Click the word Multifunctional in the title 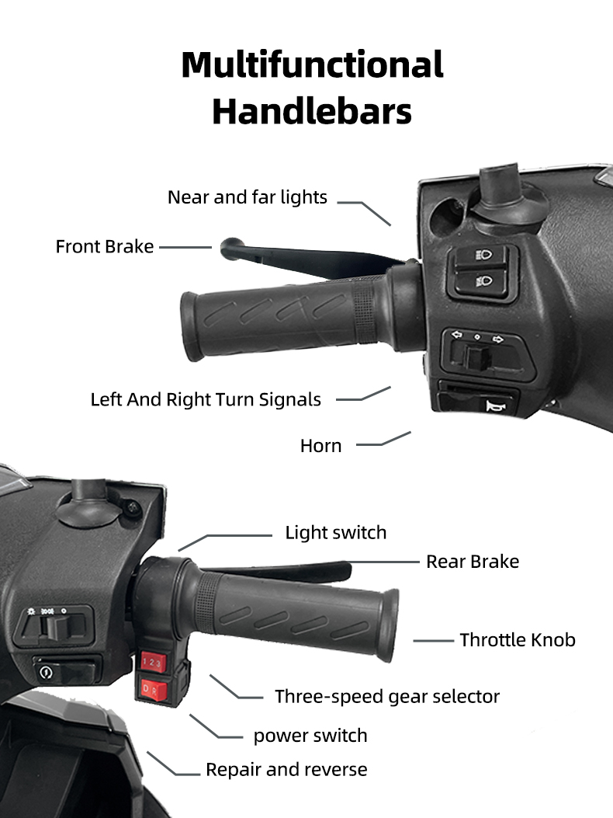(x=312, y=64)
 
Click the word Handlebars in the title (x=312, y=111)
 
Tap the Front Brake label (x=104, y=246)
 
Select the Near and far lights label (x=247, y=197)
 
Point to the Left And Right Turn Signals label (x=206, y=399)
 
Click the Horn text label (x=320, y=446)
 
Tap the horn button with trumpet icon (x=479, y=403)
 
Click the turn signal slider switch (x=477, y=357)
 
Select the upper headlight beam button (x=480, y=256)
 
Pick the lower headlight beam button (x=480, y=282)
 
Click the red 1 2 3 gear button (x=153, y=663)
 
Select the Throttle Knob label (x=517, y=639)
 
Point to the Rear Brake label (x=473, y=562)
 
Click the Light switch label (x=336, y=533)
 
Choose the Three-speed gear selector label (x=387, y=697)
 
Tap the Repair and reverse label (x=286, y=770)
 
